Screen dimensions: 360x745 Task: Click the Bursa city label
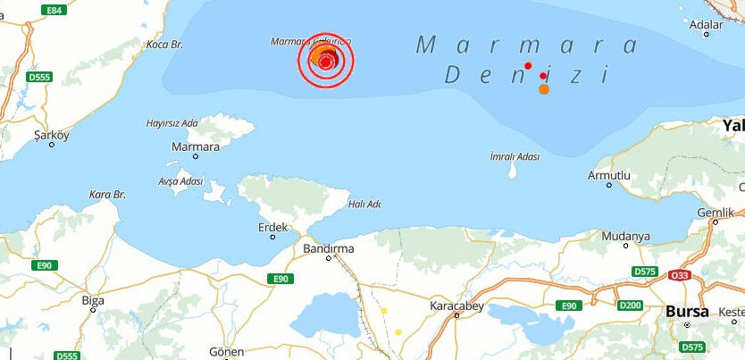687,312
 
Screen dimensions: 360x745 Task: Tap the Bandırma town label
329,247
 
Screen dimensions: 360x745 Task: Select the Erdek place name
272,228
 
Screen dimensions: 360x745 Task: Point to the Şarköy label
51,135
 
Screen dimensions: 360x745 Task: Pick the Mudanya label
625,236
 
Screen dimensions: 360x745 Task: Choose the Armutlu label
609,175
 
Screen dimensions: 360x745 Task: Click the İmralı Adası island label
515,156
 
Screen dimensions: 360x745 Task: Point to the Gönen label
225,351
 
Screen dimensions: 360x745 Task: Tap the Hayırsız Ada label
172,123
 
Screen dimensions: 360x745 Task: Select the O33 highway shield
681,275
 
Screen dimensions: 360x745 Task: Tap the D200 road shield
629,306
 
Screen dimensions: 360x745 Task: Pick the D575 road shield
643,271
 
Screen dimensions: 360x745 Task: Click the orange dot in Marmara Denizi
544,88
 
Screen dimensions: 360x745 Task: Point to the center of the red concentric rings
326,61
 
